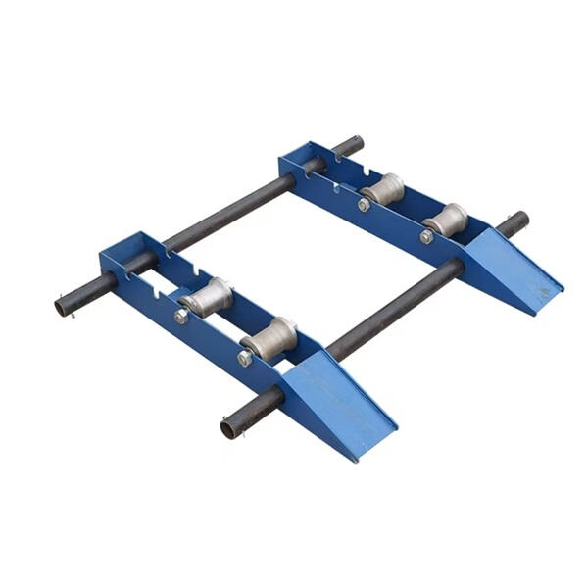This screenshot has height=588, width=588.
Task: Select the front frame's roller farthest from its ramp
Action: pyautogui.click(x=207, y=296)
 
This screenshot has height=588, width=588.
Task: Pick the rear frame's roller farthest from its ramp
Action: pyautogui.click(x=383, y=188)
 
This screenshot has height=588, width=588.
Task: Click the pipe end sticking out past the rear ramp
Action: pyautogui.click(x=516, y=222)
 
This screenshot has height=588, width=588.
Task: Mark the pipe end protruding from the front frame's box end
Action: pyautogui.click(x=65, y=307)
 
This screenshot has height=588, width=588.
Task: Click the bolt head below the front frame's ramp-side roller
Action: pyautogui.click(x=244, y=359)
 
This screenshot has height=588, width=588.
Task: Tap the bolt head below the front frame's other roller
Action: pyautogui.click(x=181, y=317)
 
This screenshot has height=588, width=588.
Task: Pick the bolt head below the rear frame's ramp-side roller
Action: pyautogui.click(x=426, y=236)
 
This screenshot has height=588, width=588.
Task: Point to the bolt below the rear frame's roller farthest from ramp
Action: pyautogui.click(x=364, y=205)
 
